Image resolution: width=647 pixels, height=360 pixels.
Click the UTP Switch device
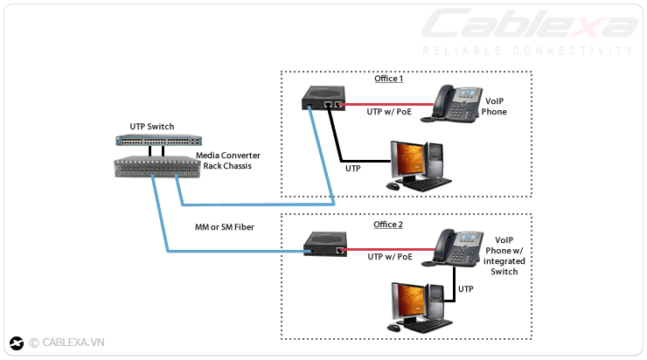[x=158, y=140]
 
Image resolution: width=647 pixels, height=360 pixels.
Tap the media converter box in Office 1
[x=323, y=97]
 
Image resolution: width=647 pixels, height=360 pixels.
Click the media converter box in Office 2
[x=324, y=243]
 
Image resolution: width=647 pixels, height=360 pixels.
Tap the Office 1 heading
[x=388, y=79]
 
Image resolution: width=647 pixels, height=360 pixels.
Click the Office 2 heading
[x=388, y=225]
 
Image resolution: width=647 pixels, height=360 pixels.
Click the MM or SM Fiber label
[x=225, y=227]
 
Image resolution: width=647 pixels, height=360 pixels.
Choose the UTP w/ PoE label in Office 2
[x=388, y=257]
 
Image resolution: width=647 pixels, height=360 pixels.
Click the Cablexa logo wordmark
[x=528, y=24]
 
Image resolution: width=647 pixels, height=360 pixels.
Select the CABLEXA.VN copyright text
[x=67, y=343]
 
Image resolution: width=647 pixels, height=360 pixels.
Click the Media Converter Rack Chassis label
[x=227, y=160]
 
